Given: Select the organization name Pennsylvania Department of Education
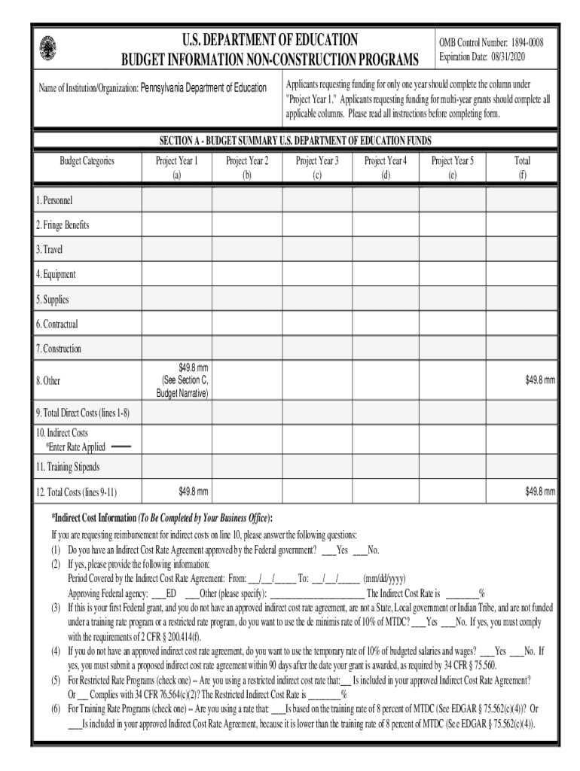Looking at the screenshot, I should click(x=203, y=88).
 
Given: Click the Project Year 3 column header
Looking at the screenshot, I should click(x=316, y=167).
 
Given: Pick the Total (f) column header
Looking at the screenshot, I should click(x=521, y=167).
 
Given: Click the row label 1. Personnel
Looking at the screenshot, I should click(x=54, y=200).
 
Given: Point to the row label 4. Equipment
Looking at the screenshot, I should click(x=56, y=274).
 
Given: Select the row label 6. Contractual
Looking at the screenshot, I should click(x=56, y=324).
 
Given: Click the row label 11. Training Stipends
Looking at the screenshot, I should click(x=67, y=467).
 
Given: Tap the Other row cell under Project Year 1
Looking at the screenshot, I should click(x=177, y=380).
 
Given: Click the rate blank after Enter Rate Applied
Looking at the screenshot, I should click(x=121, y=446).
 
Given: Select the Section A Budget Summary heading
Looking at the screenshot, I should click(x=295, y=140).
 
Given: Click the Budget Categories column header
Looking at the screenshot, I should click(x=87, y=160).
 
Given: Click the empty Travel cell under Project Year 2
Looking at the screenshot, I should click(x=246, y=249).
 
